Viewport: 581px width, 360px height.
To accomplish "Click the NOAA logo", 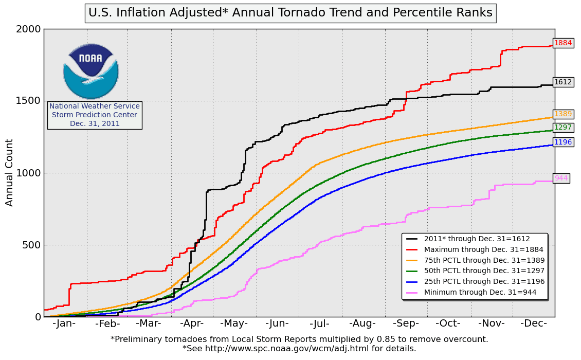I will pos(91,71).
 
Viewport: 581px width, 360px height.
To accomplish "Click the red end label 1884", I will pos(563,43).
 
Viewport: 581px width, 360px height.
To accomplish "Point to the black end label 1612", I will pos(563,82).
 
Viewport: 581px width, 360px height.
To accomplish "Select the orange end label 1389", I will pos(563,114).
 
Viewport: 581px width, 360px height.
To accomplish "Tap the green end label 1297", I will pos(563,127).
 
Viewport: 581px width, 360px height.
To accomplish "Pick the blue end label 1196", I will pos(563,142).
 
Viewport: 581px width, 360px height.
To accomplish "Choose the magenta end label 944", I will pos(561,178).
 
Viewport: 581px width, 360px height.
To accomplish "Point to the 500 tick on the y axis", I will pos(31,245).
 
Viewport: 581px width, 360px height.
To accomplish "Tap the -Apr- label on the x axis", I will pos(192,323).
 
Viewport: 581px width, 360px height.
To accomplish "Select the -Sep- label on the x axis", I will pos(405,323).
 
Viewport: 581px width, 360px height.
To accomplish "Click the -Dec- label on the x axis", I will pos(533,323).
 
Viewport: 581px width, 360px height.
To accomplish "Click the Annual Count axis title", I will pos(10,172).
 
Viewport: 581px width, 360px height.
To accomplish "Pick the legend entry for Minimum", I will pos(480,292).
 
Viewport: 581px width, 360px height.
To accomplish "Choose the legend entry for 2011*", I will pos(477,239).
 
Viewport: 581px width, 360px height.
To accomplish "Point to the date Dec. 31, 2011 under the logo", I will pos(95,123).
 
